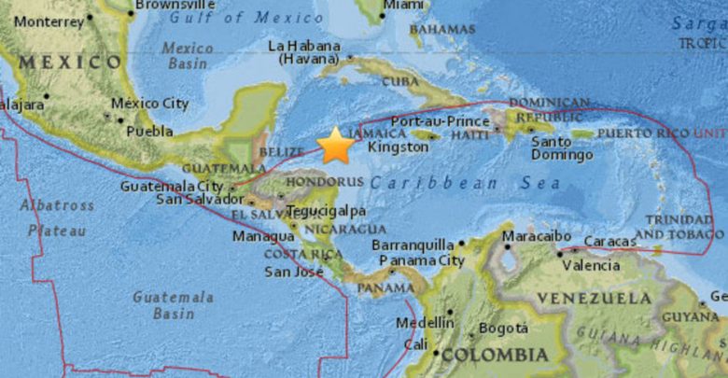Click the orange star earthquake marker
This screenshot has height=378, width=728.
click(334, 146)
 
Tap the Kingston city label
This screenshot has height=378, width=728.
click(399, 147)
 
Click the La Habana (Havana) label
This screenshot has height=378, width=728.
click(303, 52)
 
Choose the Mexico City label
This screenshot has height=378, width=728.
click(149, 104)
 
